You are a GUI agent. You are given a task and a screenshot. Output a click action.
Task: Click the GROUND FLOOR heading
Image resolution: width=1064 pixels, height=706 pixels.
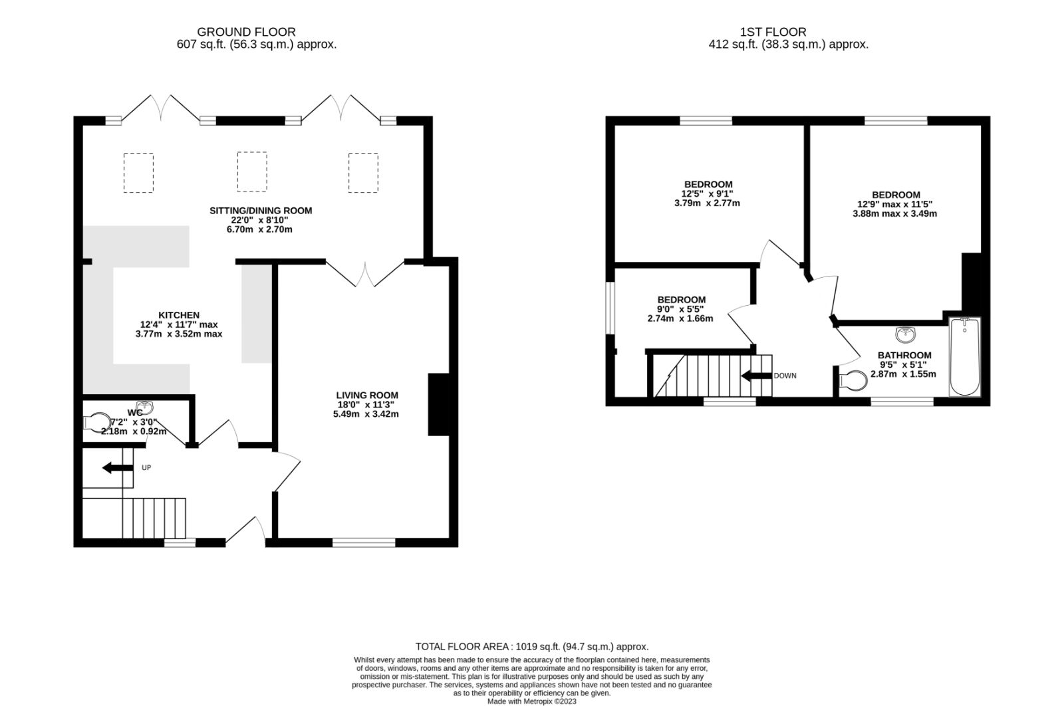tap(246, 32)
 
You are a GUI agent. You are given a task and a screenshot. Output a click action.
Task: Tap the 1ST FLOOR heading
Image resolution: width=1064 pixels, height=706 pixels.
tap(773, 32)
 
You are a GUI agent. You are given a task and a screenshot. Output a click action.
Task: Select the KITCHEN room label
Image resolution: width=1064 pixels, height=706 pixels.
tap(178, 315)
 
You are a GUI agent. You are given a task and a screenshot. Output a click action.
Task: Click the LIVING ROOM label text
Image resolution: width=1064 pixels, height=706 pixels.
tap(366, 396)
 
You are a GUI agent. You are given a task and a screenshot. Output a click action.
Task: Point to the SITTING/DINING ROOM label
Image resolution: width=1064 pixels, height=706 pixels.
tap(261, 211)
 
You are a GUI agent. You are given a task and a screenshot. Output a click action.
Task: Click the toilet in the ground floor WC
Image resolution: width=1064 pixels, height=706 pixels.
tap(98, 423)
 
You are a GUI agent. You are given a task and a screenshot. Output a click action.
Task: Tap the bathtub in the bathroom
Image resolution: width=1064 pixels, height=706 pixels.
tap(964, 356)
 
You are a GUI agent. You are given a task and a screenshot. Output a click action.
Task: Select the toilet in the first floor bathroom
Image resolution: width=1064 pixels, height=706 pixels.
tap(853, 381)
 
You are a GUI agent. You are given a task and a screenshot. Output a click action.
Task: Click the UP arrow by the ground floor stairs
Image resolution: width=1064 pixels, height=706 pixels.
tap(117, 468)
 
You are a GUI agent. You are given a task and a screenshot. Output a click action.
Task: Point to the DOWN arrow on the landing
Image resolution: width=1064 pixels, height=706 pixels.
tap(757, 376)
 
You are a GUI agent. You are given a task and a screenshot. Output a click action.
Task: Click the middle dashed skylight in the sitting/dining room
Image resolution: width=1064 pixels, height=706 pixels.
tap(252, 172)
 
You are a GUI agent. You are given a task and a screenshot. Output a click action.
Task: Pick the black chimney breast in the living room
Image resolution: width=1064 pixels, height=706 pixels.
tap(439, 404)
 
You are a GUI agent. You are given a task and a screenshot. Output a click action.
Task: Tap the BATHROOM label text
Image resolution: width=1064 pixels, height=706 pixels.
tap(904, 355)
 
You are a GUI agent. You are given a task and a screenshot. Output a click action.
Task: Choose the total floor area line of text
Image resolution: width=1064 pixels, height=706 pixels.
tap(531, 646)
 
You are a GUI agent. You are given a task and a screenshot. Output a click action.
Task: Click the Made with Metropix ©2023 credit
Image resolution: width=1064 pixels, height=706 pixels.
tap(531, 701)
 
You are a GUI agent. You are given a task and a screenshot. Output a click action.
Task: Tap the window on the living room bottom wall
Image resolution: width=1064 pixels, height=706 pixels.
tap(363, 542)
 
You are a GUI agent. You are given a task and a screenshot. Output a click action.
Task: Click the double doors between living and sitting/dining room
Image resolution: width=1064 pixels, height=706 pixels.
tap(365, 273)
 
